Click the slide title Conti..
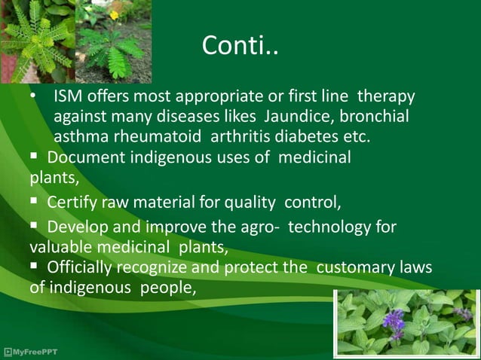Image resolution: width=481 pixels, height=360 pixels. pyautogui.click(x=240, y=47)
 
